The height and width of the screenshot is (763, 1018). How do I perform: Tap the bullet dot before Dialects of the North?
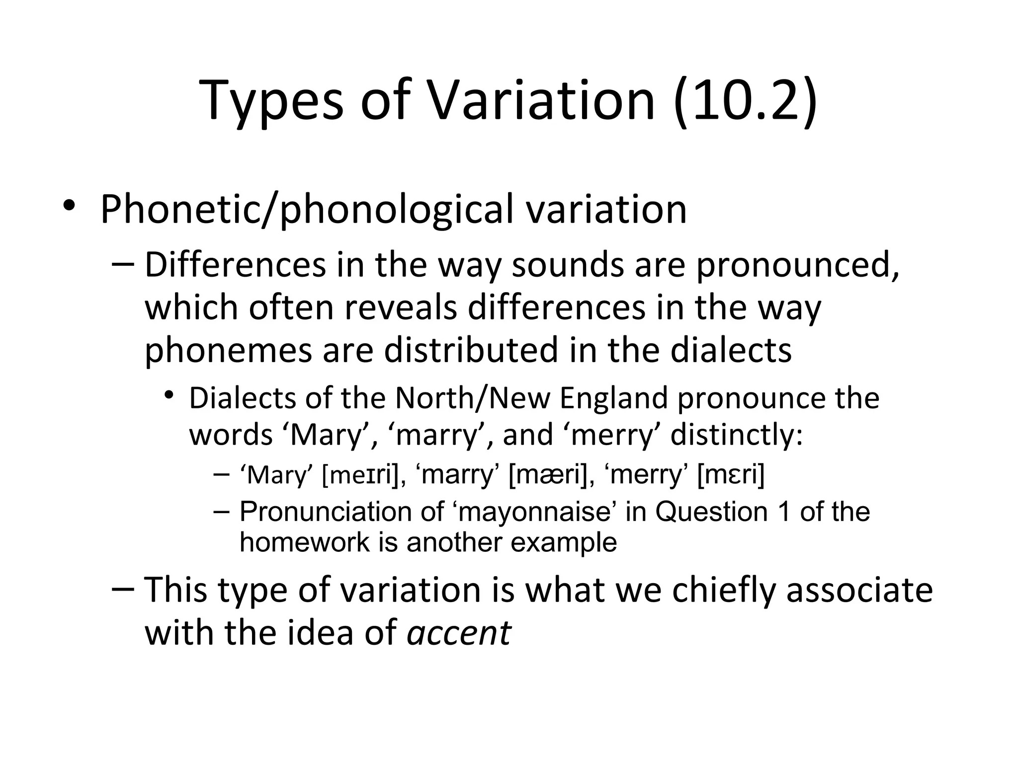tap(170, 395)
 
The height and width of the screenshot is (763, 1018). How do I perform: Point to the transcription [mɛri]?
tap(731, 475)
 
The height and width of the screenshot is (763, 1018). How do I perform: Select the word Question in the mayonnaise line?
tap(711, 512)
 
